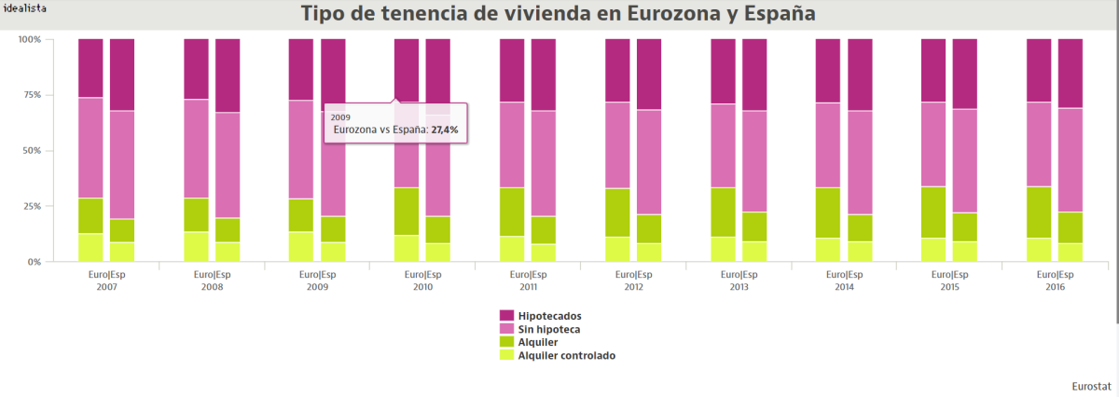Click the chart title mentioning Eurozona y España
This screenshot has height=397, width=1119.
(558, 14)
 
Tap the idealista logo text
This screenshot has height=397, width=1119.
(23, 7)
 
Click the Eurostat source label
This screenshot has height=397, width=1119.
(1090, 384)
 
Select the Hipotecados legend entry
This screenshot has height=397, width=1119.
(543, 316)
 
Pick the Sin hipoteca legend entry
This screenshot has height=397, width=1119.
(543, 329)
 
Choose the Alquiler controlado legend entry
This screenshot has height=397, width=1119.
(566, 355)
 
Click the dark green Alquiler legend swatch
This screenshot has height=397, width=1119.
(506, 342)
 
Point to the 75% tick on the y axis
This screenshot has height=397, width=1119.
(30, 95)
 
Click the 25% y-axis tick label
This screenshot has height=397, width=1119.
(30, 206)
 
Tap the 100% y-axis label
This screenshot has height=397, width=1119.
(29, 39)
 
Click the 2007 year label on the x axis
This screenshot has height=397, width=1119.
(106, 287)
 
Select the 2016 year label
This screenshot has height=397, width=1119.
(1055, 287)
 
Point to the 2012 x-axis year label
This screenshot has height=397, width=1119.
(633, 287)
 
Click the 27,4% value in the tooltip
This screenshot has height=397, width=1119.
(445, 130)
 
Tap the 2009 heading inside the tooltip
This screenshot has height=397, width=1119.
(341, 117)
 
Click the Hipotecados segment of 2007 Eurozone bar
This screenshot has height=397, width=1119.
(90, 68)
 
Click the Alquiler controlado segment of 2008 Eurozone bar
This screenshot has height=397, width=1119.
(196, 246)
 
